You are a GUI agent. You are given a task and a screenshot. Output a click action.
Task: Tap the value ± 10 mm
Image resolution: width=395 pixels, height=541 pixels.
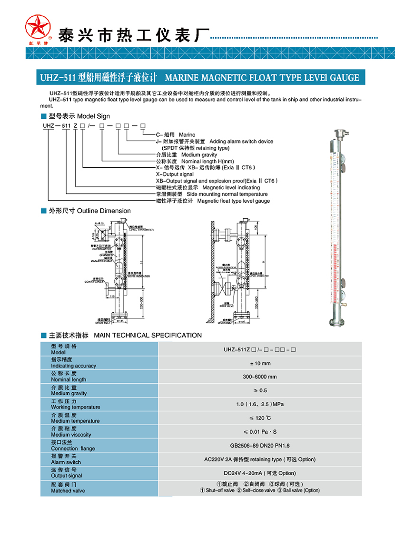pos(260,363)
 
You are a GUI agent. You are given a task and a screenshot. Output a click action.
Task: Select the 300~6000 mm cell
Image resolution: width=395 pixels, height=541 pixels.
pos(260,377)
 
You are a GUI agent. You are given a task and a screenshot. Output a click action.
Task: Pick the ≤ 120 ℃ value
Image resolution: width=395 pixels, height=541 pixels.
pos(260,418)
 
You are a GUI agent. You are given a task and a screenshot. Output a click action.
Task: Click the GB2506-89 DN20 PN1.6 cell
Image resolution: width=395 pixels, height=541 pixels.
pos(260,446)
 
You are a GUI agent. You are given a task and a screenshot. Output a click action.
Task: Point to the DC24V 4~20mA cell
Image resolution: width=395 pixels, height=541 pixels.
pos(260,473)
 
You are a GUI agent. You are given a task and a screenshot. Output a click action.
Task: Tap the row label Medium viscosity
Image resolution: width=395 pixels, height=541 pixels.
pos(71,435)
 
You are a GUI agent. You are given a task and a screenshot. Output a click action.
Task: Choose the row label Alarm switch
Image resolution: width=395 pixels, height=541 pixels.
pos(66,462)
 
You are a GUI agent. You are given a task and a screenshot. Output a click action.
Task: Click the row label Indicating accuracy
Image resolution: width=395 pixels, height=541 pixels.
pos(74,366)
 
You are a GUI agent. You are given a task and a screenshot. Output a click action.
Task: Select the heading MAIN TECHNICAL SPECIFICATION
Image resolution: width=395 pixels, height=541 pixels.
pos(148,336)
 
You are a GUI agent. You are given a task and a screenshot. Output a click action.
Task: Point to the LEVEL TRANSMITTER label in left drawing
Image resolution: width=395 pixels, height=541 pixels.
pos(142,230)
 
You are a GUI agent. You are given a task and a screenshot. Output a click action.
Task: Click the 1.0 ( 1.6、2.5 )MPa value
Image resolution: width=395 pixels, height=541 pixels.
pos(260,404)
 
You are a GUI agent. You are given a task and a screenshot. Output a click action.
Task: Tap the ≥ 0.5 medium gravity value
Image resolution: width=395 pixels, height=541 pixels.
pos(260,391)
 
